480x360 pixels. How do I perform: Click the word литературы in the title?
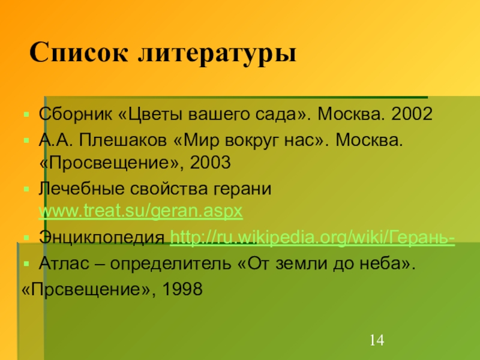[219, 55]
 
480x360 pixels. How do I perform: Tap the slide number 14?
[376, 341]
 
